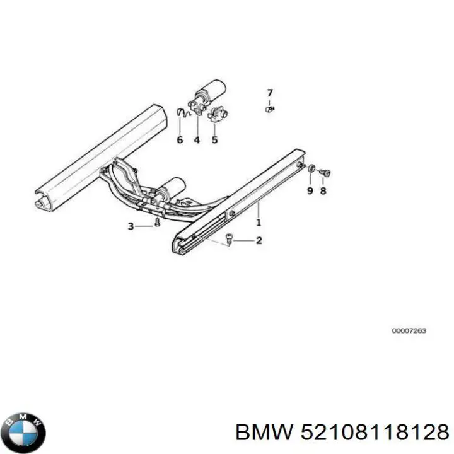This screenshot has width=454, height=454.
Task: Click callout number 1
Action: (259, 223)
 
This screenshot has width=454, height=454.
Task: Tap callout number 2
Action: (259, 240)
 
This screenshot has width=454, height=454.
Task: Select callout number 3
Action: (131, 226)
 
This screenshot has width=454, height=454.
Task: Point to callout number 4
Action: (197, 140)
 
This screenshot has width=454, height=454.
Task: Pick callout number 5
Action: (214, 140)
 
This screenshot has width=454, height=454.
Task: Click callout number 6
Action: (180, 140)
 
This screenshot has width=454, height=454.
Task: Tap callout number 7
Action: (270, 93)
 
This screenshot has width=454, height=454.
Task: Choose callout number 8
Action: (323, 191)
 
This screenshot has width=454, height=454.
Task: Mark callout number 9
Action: (310, 191)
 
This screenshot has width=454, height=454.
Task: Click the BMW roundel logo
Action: (25, 433)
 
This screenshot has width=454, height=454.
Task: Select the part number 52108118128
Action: (375, 433)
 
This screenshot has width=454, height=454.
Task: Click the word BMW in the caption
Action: (264, 433)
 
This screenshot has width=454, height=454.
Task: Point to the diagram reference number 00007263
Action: (409, 330)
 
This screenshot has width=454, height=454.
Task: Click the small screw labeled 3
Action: (157, 223)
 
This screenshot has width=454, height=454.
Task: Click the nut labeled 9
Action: (311, 168)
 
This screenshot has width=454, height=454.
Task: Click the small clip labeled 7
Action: (270, 109)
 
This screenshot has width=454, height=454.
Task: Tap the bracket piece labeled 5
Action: (218, 114)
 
